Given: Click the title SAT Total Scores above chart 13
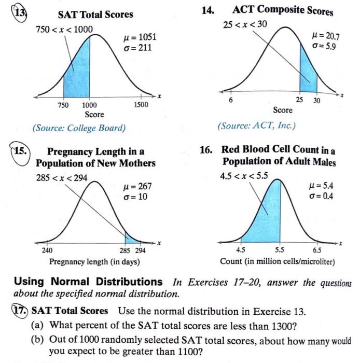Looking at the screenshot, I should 95,15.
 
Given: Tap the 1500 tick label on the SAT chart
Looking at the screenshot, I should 140,105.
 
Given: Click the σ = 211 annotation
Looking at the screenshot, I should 137,49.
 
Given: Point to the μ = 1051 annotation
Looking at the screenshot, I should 137,38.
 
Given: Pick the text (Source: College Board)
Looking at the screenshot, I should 79,128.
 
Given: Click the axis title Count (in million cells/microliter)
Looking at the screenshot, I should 278,261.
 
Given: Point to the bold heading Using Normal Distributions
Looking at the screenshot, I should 88,282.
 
